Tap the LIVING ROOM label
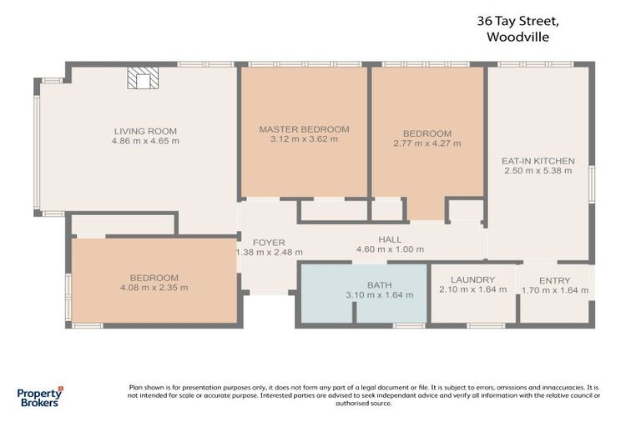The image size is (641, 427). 145,131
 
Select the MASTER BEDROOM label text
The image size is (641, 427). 304,129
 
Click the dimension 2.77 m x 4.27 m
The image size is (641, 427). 426,143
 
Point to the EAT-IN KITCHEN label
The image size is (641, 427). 538,160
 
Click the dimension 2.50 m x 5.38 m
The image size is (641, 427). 538,171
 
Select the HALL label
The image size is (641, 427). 390,239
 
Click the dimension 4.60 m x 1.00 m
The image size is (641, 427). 390,249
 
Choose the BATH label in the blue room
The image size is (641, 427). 379,285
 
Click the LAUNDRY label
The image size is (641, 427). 472,279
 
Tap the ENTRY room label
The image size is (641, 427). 555,280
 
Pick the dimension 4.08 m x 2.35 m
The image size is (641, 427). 154,288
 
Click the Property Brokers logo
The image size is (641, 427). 39,396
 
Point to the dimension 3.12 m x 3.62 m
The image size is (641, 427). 304,139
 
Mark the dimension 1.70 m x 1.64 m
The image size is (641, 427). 555,290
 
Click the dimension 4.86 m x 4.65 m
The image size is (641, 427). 145,141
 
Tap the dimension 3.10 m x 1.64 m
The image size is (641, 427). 379,295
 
